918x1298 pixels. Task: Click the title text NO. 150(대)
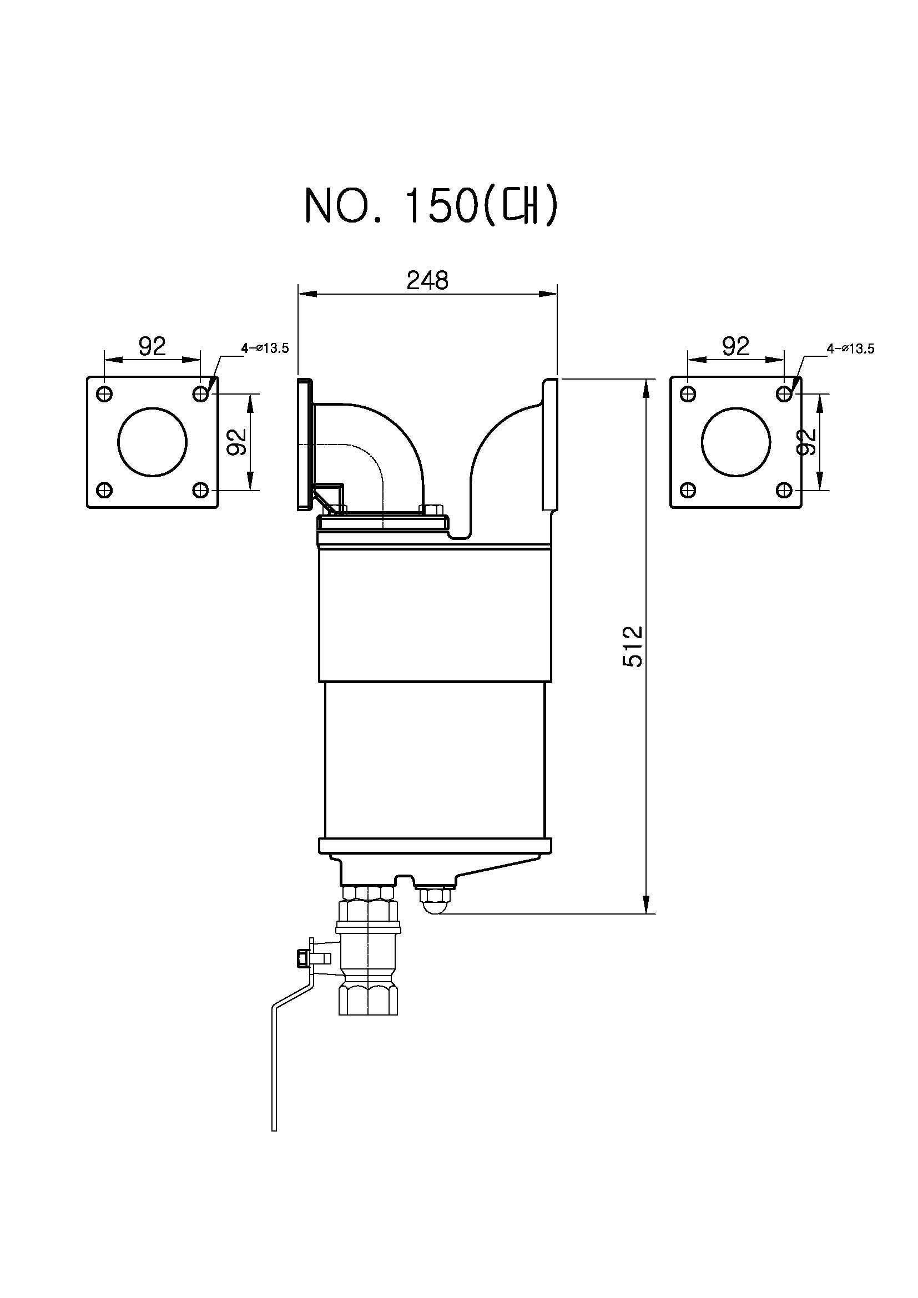click(431, 206)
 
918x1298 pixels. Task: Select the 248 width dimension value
click(427, 280)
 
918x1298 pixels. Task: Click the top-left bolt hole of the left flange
click(104, 393)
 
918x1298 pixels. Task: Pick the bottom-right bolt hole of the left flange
click(200, 489)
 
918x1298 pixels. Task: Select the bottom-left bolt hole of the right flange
click(688, 489)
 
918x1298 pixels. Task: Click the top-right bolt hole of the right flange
click(784, 393)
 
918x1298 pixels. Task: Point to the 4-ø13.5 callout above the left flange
click(265, 349)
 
